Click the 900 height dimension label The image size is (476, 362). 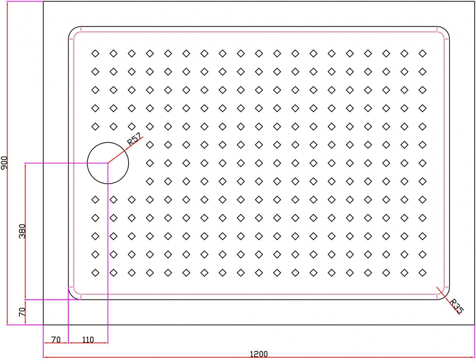4,163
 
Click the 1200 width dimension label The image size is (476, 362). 259,354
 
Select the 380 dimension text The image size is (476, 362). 22,231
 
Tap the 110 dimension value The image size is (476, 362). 88,339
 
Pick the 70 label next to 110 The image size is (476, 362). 56,339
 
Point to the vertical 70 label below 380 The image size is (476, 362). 22,312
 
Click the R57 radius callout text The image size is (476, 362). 134,139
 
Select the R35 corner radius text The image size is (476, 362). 457,306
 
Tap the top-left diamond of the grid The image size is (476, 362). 96,53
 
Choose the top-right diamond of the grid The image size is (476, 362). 422,53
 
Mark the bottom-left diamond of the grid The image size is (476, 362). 96,273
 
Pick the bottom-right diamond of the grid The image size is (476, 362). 422,273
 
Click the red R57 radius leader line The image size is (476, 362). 125,150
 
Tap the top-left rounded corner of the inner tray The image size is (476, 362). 72,30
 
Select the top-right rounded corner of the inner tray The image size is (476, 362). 445,30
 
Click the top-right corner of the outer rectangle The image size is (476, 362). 475,1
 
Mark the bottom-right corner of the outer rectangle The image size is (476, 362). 475,325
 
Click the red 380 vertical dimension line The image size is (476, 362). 25,231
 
